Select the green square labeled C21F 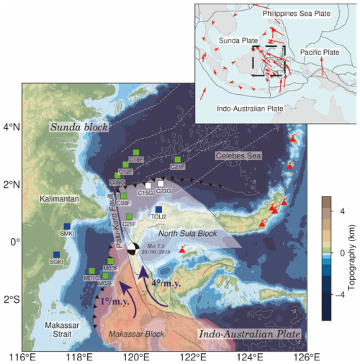pos(177,160)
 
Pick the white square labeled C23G pos(161,184)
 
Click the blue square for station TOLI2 pos(158,209)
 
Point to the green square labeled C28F pos(130,217)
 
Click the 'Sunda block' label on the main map pos(78,127)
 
